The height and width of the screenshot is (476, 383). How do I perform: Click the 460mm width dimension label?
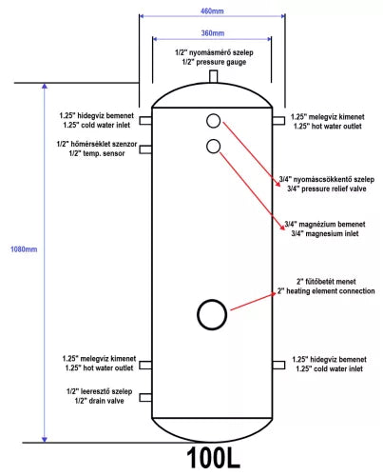click(x=212, y=11)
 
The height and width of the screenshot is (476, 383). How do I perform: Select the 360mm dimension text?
click(x=213, y=33)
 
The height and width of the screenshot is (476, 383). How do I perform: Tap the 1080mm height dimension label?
click(x=24, y=249)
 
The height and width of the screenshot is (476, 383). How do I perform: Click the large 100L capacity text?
click(x=213, y=458)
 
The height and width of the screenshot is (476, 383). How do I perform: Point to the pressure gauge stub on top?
click(x=213, y=76)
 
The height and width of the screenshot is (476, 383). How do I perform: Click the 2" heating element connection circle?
click(x=212, y=314)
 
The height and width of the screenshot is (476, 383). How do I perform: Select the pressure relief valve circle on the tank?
click(x=213, y=121)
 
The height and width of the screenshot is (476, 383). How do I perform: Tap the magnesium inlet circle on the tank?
click(x=213, y=147)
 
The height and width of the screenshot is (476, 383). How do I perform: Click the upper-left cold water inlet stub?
click(x=145, y=121)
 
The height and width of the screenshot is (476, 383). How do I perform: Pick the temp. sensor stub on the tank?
click(x=145, y=149)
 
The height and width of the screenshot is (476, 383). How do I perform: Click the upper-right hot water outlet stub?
click(x=278, y=121)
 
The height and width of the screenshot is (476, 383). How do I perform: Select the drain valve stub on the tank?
click(x=145, y=397)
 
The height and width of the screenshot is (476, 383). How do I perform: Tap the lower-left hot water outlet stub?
click(x=145, y=366)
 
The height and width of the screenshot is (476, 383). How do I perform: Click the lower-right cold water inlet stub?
click(x=278, y=365)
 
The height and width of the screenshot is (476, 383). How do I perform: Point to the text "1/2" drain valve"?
click(x=99, y=401)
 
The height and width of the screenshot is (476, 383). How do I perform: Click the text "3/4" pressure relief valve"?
click(x=327, y=188)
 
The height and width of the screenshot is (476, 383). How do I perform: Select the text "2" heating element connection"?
click(x=326, y=291)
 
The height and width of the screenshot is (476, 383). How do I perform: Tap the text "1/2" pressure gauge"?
click(x=214, y=62)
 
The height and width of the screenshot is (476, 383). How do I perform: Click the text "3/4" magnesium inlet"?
click(x=325, y=234)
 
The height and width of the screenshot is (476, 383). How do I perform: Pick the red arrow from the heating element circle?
click(x=253, y=302)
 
